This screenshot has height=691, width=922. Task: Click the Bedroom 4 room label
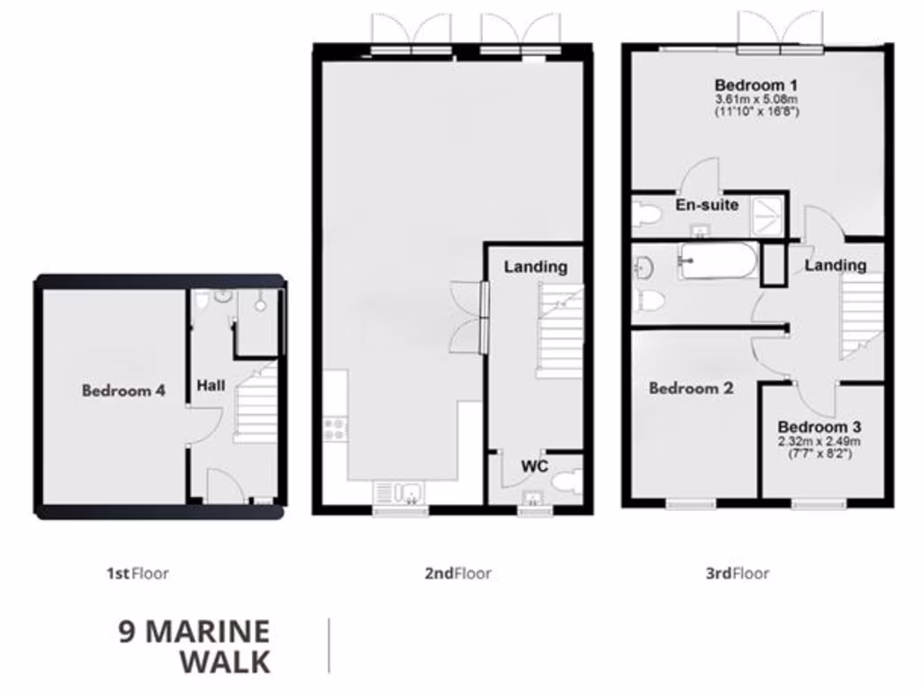pos(123,390)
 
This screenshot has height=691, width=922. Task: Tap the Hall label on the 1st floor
pos(211,385)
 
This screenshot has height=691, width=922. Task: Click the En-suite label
pos(707,205)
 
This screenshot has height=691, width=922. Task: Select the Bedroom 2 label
pos(691,389)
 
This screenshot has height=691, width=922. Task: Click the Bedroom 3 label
pos(813,426)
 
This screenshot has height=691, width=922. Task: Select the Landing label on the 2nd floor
pos(535,266)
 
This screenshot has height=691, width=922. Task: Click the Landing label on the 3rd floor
pos(836,265)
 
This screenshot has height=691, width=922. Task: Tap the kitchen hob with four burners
pos(335,427)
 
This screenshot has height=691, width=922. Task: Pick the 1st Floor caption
pos(137,573)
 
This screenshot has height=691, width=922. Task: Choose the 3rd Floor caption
pos(737,573)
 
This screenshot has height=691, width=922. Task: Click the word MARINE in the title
pos(207,632)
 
